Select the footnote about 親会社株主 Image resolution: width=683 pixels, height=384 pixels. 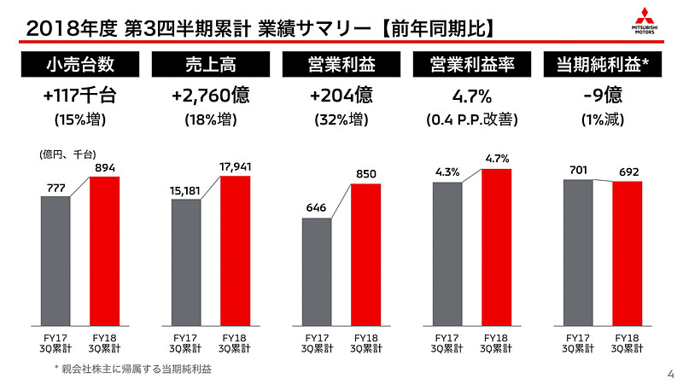pos(133,369)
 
